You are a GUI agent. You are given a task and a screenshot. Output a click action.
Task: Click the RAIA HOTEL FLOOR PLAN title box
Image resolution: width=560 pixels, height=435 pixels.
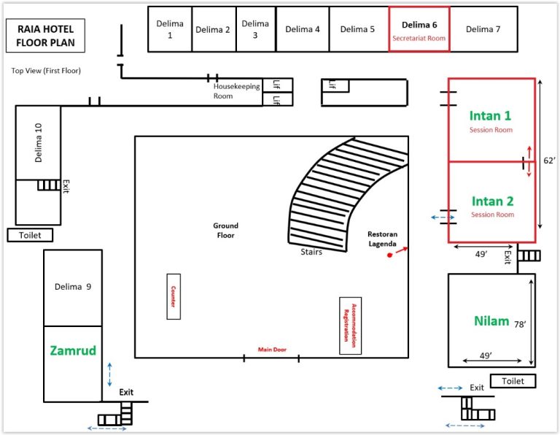[x=45, y=35]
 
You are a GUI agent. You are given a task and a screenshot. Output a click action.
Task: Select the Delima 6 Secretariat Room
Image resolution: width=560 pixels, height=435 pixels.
[x=419, y=29]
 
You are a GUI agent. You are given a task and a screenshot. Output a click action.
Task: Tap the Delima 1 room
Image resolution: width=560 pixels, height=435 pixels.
[x=170, y=29]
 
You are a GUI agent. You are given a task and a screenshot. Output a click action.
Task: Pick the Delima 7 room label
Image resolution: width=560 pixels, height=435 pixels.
[x=483, y=29]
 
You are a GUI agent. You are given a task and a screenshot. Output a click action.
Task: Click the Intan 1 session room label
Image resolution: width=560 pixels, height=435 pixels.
[x=490, y=116]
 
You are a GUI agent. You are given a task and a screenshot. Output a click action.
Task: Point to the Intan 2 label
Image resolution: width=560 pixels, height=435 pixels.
[x=492, y=201]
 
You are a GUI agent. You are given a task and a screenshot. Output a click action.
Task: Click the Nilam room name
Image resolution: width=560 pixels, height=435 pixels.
[x=491, y=321]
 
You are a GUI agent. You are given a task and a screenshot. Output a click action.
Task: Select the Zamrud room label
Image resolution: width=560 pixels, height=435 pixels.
[x=73, y=350]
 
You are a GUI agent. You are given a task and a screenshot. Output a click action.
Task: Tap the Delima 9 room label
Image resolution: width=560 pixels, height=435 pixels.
[x=73, y=287]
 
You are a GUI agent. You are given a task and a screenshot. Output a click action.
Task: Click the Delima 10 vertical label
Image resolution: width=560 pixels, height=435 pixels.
[x=38, y=143]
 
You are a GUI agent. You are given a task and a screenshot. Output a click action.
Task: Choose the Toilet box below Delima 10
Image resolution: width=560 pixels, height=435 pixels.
[x=30, y=235]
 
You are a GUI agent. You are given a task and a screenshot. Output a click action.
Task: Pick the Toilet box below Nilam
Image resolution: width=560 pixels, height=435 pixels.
[x=513, y=381]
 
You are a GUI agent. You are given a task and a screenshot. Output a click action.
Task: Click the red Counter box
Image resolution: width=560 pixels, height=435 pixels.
[x=174, y=296]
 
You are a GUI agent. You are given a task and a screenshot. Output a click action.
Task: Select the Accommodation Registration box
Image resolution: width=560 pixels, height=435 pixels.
[x=350, y=326]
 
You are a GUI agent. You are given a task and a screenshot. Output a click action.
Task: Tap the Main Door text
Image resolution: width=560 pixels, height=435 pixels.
[x=272, y=350]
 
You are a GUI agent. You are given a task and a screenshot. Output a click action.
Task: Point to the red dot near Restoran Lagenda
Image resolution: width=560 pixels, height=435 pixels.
[x=389, y=255]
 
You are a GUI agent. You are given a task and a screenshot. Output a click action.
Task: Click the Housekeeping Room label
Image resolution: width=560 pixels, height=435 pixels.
[x=236, y=91]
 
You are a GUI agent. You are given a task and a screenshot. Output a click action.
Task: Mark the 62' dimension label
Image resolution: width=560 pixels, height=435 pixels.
[x=549, y=161]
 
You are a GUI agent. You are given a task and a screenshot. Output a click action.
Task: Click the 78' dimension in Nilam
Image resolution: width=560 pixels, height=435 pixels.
[x=520, y=324]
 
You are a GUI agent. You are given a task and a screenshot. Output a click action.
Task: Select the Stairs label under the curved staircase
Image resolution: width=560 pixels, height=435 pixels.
[x=311, y=252]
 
